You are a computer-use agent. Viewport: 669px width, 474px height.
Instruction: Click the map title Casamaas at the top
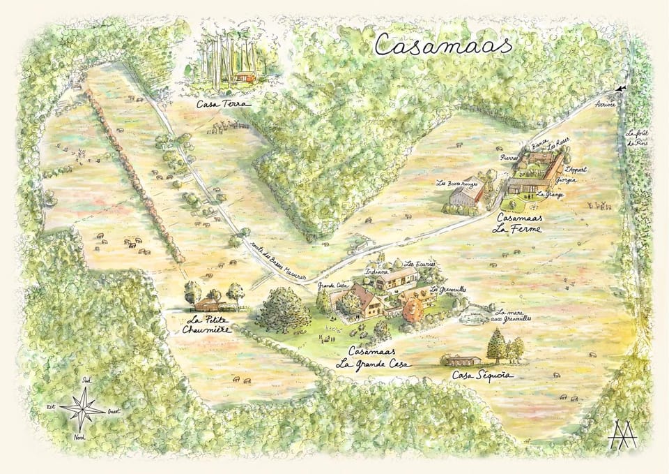click(443, 44)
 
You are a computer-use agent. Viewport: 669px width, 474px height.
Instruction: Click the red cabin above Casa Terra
click(243, 77)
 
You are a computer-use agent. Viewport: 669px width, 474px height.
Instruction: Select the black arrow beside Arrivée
click(620, 89)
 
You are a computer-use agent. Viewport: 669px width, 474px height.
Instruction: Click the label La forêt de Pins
click(635, 139)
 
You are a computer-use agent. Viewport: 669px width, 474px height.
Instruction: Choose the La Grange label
click(550, 195)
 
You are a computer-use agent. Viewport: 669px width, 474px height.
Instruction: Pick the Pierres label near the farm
click(509, 158)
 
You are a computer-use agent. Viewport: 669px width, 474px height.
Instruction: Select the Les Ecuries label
click(420, 265)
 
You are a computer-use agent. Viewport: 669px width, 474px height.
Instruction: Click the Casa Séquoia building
click(461, 360)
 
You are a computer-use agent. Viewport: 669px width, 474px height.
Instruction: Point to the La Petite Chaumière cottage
click(208, 304)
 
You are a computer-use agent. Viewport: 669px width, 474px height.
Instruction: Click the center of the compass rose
click(82, 408)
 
